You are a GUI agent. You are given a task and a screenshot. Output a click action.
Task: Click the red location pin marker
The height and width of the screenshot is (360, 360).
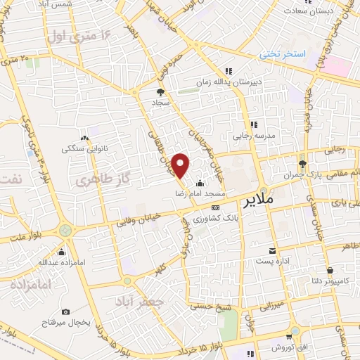[181, 166]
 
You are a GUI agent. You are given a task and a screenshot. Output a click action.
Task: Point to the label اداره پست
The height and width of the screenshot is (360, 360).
[272, 262]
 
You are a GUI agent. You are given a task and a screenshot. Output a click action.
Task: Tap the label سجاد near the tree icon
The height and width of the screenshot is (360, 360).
[162, 103]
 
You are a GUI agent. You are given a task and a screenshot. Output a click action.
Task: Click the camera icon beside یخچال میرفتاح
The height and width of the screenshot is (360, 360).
[65, 311]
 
